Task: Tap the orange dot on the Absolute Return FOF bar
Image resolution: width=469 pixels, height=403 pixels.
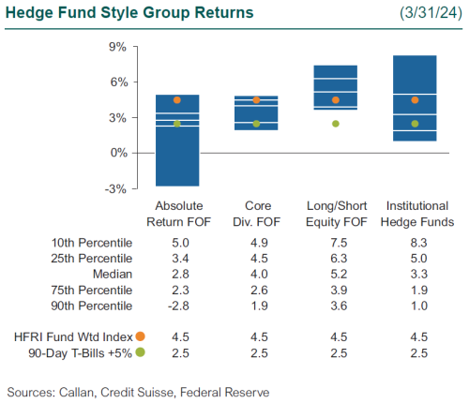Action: coord(177,99)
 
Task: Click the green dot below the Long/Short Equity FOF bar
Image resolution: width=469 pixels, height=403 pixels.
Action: coord(335,124)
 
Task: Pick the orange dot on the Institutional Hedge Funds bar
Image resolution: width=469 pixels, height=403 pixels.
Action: coord(415,99)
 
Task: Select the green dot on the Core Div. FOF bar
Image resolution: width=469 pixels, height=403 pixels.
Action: coord(256,124)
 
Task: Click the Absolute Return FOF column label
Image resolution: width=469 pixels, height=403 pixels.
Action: coord(177,214)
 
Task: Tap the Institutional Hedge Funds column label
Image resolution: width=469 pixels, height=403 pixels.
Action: coord(415,214)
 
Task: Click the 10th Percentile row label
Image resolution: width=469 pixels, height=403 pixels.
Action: coord(92,243)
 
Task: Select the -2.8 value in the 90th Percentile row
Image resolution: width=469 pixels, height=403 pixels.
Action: coord(177,306)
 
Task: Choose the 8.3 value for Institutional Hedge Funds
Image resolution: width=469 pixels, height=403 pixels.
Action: coord(415,243)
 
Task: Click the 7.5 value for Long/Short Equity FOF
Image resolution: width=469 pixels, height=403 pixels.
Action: coord(335,243)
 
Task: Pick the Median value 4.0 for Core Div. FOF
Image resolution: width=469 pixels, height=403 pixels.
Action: coord(256,275)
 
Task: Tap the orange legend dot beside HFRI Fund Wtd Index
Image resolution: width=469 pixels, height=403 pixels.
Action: coord(141,336)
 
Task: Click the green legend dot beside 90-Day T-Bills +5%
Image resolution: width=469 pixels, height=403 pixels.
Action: coord(141,351)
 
